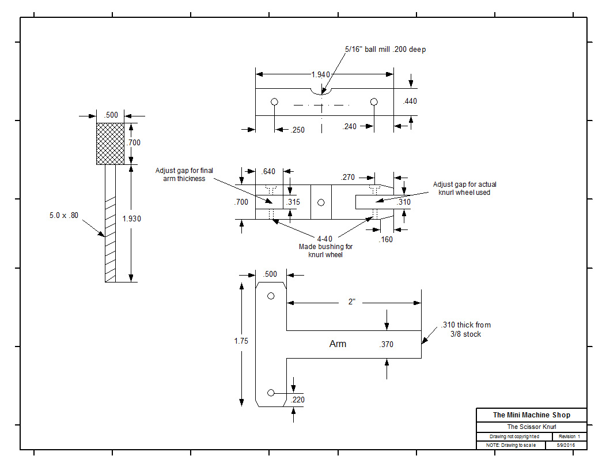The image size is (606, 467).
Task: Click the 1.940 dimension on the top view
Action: (x=321, y=75)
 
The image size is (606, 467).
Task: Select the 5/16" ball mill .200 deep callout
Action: (x=385, y=50)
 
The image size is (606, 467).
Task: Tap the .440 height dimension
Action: (x=410, y=101)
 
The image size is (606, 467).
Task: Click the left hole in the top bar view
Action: (x=275, y=102)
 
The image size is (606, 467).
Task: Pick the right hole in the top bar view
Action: (x=374, y=102)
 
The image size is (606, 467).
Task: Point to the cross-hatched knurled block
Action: (x=110, y=143)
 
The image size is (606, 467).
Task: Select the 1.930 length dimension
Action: (x=131, y=219)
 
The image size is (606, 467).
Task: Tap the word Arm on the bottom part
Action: (x=338, y=344)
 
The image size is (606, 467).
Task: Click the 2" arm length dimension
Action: (x=351, y=302)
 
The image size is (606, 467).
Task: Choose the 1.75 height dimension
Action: (x=241, y=341)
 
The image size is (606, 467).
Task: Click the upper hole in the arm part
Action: (x=271, y=296)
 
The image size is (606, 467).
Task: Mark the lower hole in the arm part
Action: (x=271, y=393)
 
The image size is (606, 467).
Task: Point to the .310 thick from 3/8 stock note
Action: (x=466, y=329)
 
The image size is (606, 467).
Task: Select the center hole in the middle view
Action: (x=321, y=202)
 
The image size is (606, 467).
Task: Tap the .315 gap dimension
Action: (x=293, y=202)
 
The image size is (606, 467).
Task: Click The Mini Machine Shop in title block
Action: (x=531, y=415)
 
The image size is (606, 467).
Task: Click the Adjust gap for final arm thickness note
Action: (x=184, y=174)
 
